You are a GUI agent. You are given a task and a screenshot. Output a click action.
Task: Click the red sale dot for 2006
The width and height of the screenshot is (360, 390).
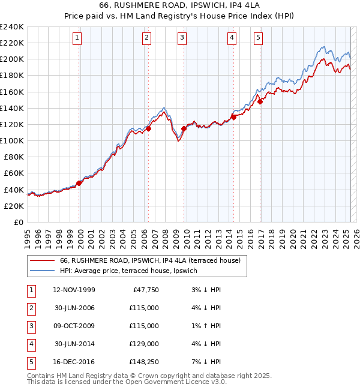tap(148, 128)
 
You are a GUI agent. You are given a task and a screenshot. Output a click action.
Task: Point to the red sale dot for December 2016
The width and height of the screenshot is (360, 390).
tap(260, 101)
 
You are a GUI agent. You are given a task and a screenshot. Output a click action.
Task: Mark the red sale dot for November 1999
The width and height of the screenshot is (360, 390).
tap(79, 183)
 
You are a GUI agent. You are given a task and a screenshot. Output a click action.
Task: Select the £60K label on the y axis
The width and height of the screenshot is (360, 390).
tap(14, 173)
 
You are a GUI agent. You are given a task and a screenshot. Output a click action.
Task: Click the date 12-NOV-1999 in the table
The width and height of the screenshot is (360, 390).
tap(74, 290)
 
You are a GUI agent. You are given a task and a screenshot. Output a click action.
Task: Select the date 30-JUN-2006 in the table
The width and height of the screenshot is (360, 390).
tap(74, 308)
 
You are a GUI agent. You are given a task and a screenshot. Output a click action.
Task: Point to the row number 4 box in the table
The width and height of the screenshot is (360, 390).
tap(31, 344)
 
